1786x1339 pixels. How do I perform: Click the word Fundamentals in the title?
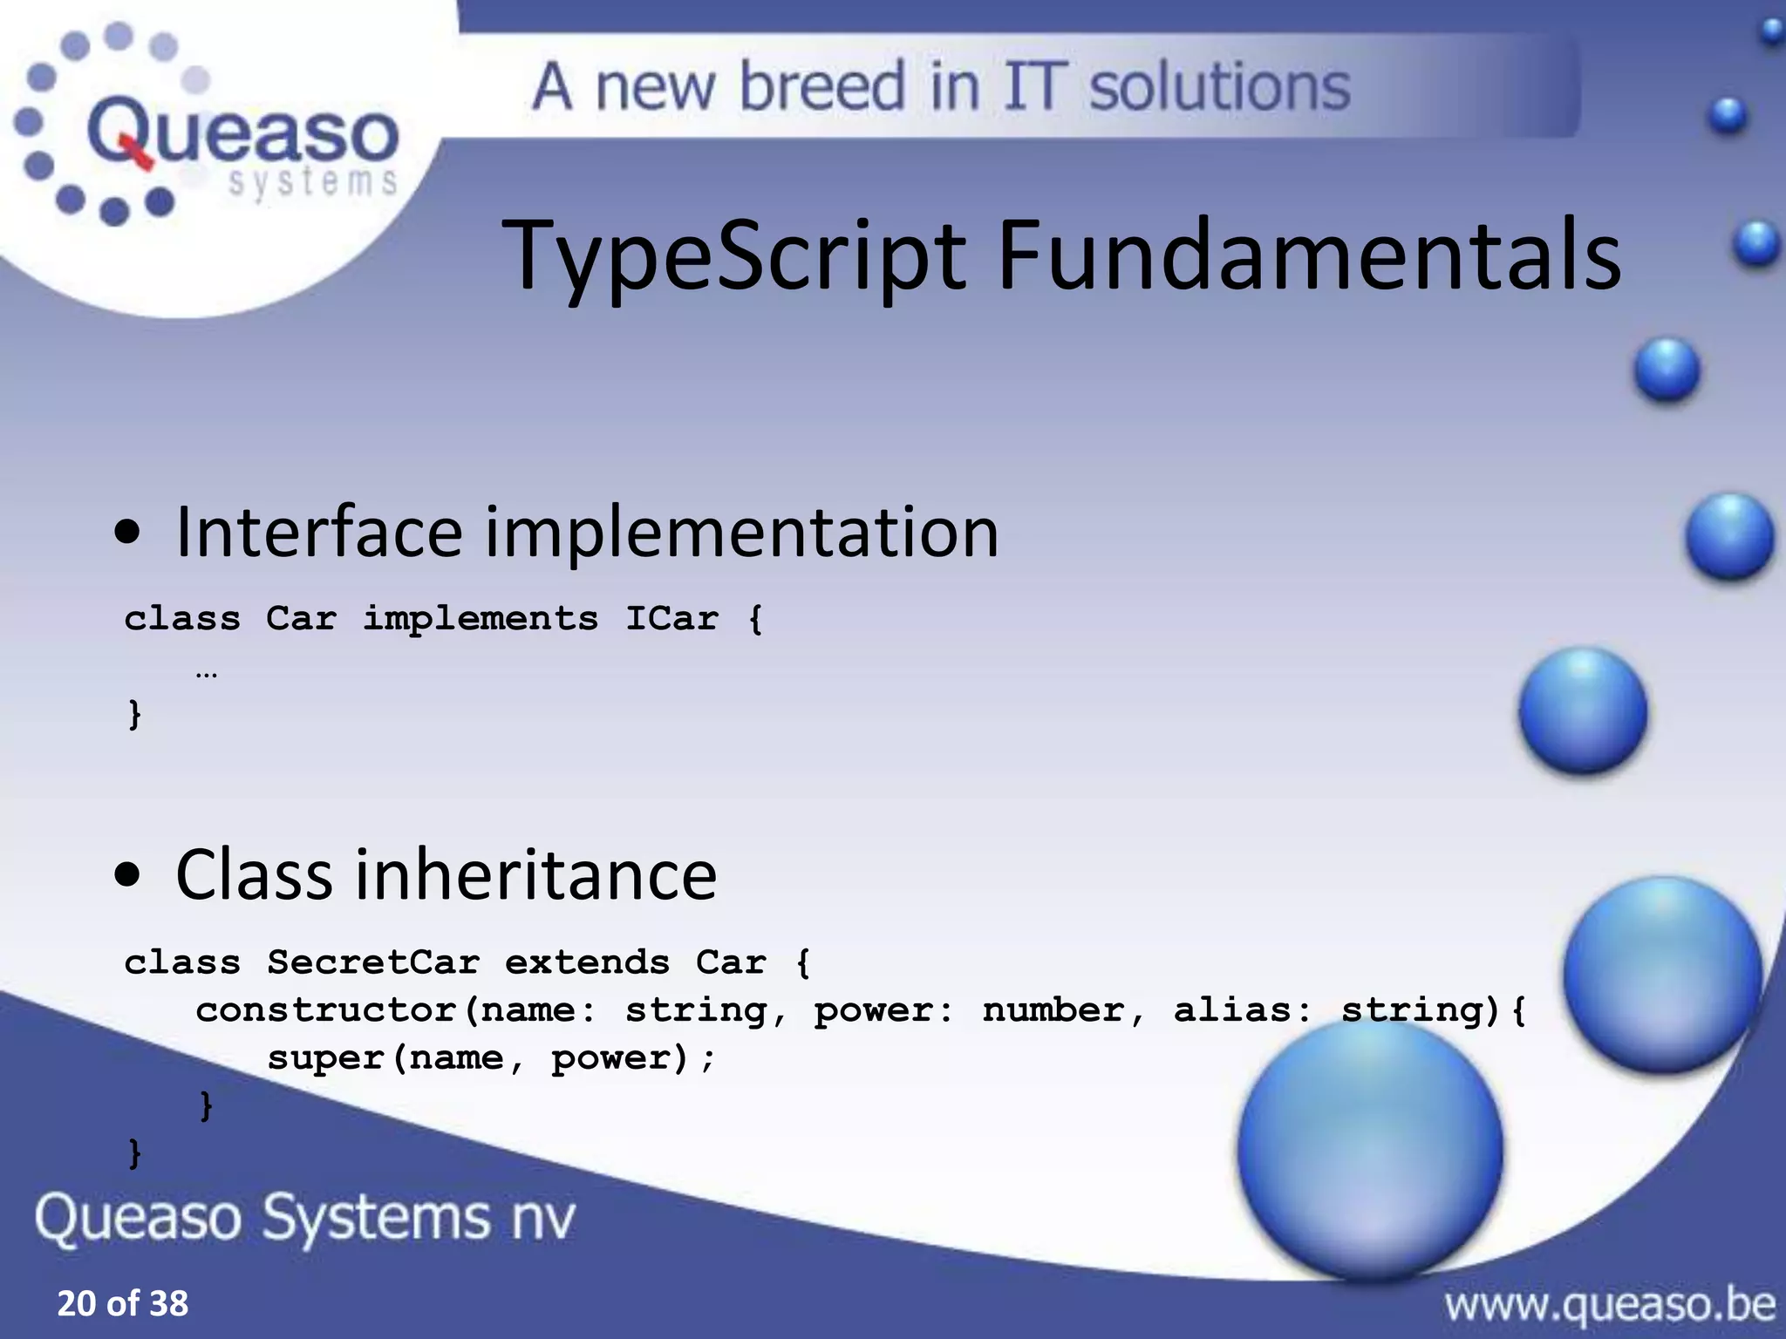tap(1308, 255)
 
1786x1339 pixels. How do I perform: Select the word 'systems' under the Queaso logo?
tap(312, 182)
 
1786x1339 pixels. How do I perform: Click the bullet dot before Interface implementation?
tap(127, 533)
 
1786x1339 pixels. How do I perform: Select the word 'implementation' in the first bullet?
tap(741, 533)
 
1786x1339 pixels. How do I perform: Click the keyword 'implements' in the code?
tap(481, 618)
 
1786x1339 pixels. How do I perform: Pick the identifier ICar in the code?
tap(672, 618)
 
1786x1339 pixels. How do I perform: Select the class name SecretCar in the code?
tap(373, 962)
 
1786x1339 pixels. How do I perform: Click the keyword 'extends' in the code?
tap(587, 962)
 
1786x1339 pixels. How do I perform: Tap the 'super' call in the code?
tap(325, 1058)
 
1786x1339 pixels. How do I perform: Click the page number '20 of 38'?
tap(122, 1303)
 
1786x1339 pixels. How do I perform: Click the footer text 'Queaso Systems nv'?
tap(305, 1217)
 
